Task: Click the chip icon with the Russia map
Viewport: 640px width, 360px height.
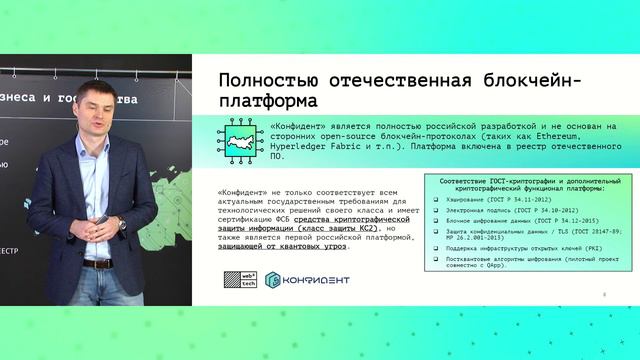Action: (241, 139)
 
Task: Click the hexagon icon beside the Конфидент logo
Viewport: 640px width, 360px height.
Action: (279, 279)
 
